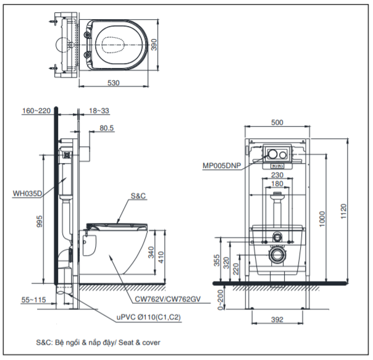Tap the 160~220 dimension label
click(x=36, y=112)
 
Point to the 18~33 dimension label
click(x=98, y=112)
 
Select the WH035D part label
click(x=27, y=193)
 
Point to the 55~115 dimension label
click(x=35, y=299)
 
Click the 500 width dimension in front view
click(x=277, y=122)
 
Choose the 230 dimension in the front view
click(x=277, y=175)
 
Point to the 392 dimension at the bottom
click(x=277, y=319)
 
